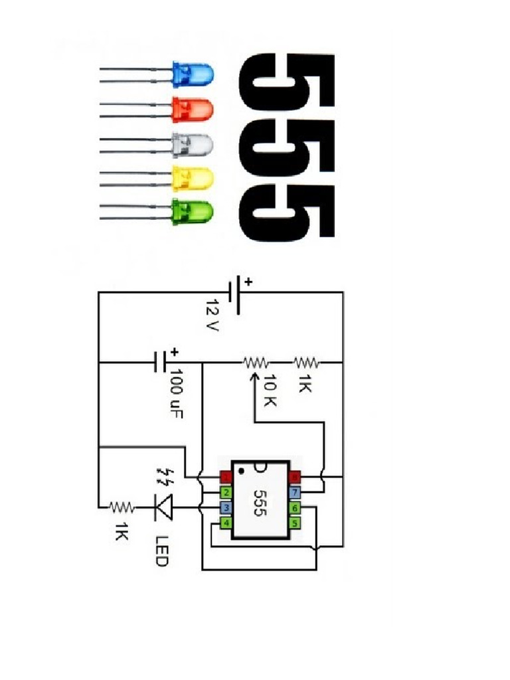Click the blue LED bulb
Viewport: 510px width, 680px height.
[193, 74]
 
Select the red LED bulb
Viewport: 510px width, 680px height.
[193, 110]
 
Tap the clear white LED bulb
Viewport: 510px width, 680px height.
[193, 144]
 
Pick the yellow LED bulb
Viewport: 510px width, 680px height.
[193, 178]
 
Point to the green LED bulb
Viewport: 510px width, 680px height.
[193, 212]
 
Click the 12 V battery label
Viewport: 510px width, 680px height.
[212, 314]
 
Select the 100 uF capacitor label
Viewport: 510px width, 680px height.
[176, 394]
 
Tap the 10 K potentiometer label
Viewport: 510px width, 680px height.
[270, 390]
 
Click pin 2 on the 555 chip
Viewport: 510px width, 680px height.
[226, 493]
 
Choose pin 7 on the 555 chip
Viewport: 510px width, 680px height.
[294, 493]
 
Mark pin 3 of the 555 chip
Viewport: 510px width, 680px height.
[226, 507]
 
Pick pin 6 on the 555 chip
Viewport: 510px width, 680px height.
[294, 507]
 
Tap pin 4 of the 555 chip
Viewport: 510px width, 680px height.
[226, 523]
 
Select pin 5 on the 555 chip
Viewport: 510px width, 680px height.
[294, 523]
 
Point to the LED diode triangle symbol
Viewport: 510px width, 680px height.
[163, 507]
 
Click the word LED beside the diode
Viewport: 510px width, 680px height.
[161, 551]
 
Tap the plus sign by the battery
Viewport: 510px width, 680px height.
[248, 282]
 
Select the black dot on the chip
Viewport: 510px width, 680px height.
[241, 471]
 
